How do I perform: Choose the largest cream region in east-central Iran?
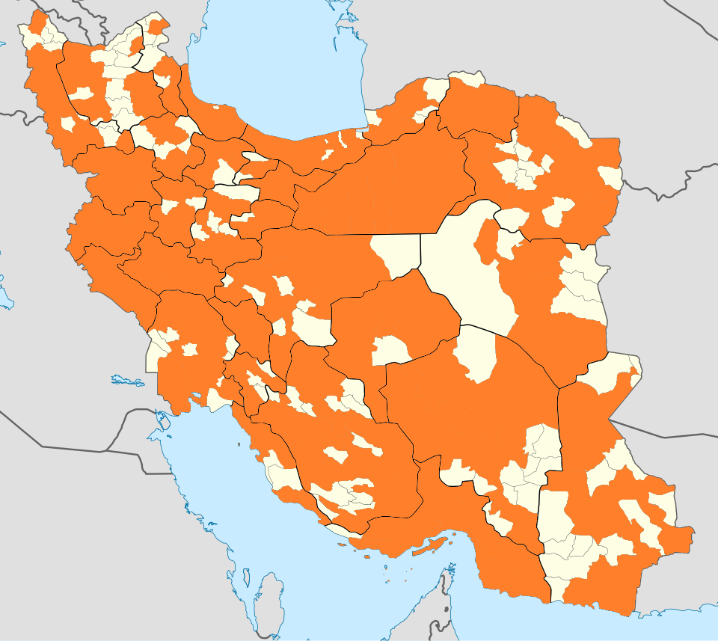click(x=464, y=269)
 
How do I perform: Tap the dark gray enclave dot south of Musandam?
click(x=447, y=608)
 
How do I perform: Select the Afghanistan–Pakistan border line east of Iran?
click(x=666, y=434)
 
